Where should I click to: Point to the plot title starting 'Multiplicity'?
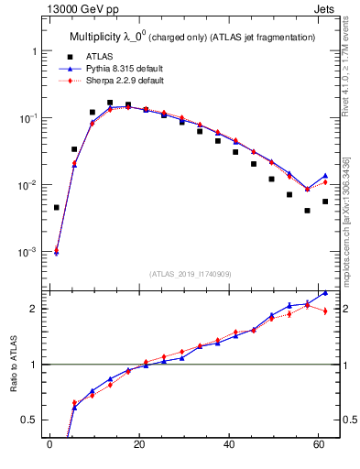[192, 37]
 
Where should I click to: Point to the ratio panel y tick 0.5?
[29, 420]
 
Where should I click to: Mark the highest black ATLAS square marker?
[110, 103]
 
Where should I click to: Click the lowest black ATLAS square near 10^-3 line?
[56, 208]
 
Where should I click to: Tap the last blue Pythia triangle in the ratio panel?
[325, 293]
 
